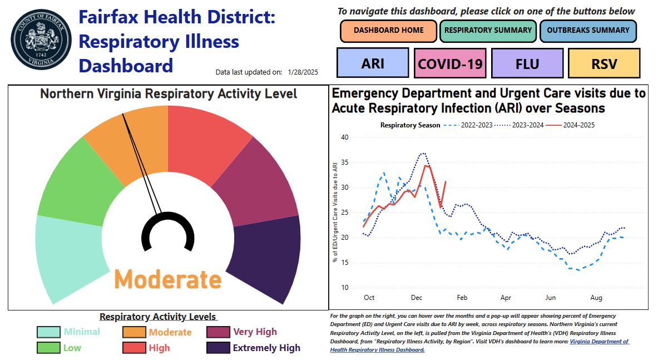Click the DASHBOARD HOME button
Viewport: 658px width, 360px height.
click(388, 31)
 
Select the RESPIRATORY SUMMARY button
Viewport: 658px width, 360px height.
click(488, 31)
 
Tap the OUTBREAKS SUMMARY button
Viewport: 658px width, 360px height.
click(587, 31)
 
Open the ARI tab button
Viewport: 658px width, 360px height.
click(373, 63)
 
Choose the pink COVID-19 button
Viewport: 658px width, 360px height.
click(450, 63)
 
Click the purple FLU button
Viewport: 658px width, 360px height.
click(527, 63)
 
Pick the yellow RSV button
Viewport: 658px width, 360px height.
click(604, 63)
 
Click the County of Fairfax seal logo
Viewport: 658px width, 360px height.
click(41, 42)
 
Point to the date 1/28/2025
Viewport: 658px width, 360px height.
click(303, 72)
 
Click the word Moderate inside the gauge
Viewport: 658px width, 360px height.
click(168, 279)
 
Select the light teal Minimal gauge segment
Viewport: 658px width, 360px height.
click(70, 256)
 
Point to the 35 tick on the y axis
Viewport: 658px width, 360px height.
click(344, 162)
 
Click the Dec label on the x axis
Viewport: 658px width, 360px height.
click(417, 298)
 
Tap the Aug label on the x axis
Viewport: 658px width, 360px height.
click(596, 298)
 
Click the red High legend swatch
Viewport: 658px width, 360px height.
click(134, 348)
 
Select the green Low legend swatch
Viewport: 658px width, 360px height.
click(48, 348)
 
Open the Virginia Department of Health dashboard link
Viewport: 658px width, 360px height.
click(598, 342)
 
